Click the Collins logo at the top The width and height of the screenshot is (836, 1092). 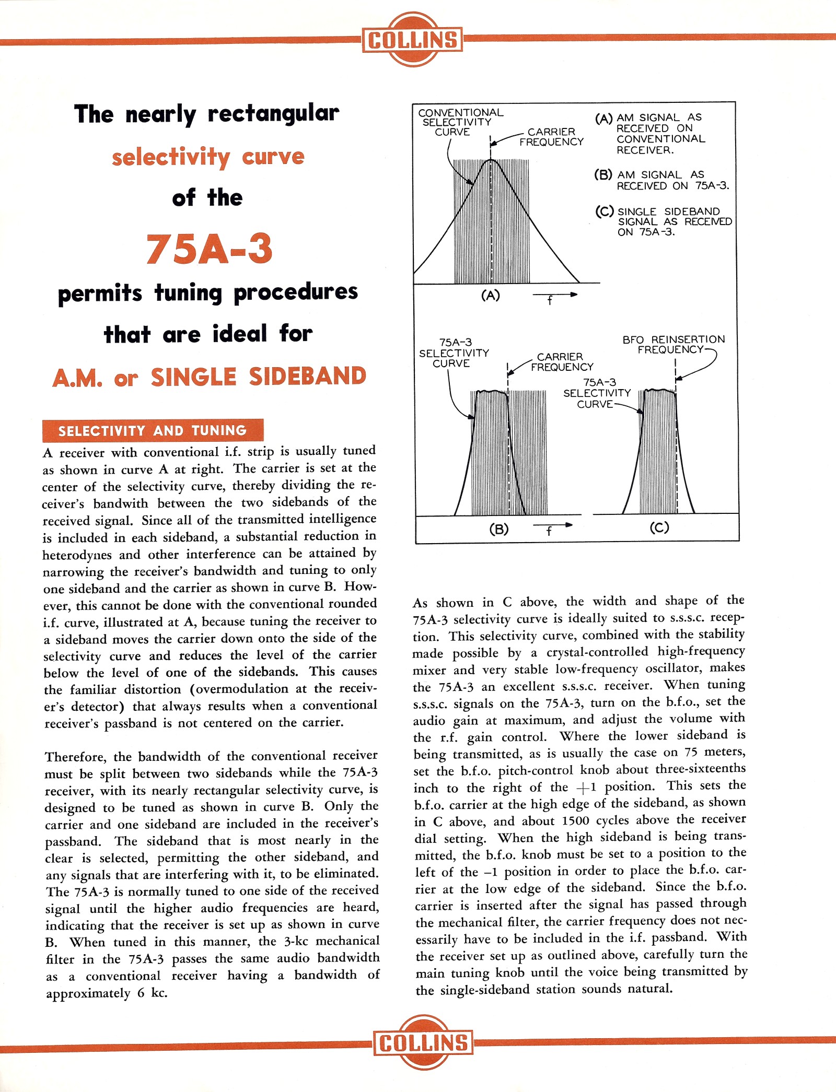[x=412, y=40]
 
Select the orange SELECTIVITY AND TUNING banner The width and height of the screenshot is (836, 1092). [x=153, y=430]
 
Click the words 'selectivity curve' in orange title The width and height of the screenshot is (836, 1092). [x=208, y=157]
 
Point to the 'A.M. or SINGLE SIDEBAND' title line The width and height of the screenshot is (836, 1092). [x=209, y=377]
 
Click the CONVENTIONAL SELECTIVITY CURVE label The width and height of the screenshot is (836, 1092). [x=460, y=122]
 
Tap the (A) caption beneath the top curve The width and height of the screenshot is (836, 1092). [x=490, y=296]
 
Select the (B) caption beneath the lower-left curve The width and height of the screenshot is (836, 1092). [x=498, y=529]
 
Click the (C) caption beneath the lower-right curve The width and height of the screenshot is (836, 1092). [x=659, y=527]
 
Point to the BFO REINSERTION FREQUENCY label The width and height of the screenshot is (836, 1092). [x=673, y=344]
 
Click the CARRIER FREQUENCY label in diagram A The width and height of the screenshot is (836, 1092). [x=551, y=137]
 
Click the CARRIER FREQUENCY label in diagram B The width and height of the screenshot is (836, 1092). [x=561, y=361]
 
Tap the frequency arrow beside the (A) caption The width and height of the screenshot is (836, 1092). [x=555, y=295]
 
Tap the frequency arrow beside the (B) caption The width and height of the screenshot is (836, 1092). [x=552, y=525]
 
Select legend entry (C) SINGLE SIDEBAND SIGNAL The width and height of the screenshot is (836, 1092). [x=664, y=222]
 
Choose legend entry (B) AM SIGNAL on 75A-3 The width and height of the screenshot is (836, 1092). [x=661, y=180]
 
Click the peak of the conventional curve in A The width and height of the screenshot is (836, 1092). [x=491, y=160]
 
